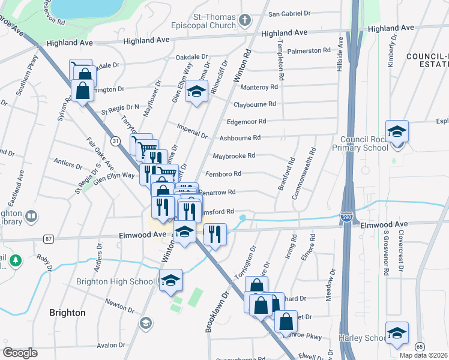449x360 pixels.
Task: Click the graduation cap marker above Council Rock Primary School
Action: pos(397,131)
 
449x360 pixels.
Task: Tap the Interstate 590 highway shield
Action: pos(347,217)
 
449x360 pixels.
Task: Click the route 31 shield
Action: pos(114,140)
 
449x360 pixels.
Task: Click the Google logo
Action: pos(20,353)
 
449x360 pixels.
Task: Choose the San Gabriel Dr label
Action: pos(290,13)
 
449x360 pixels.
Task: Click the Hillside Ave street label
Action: pos(340,54)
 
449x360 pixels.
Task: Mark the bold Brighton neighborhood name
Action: pos(68,313)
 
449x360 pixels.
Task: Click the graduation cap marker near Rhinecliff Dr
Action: pos(196,92)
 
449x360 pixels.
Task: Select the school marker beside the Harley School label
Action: pos(397,334)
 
